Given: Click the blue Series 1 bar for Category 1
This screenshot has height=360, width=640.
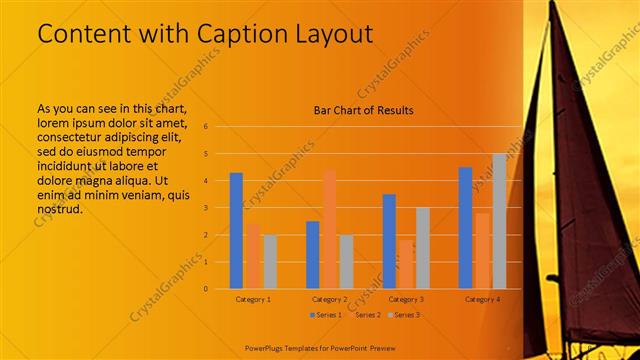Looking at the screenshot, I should click(x=236, y=231).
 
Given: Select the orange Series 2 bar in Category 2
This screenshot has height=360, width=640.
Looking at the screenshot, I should click(x=329, y=229).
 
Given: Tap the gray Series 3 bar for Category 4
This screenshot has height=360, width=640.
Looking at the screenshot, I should click(x=499, y=221).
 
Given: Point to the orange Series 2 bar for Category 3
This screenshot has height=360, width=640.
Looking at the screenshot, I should click(x=405, y=264).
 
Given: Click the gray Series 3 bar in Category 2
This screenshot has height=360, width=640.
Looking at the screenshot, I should click(x=346, y=262).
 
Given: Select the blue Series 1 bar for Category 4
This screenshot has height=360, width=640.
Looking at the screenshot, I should click(x=465, y=228).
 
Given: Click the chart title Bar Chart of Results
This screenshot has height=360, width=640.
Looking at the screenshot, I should click(x=363, y=110).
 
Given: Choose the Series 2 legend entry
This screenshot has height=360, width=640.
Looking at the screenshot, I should click(x=364, y=315).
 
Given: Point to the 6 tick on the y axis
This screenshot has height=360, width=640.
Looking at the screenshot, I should click(x=205, y=127).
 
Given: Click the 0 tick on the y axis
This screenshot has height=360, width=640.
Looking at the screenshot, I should click(x=205, y=289).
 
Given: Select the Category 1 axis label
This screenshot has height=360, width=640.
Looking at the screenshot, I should click(x=253, y=299).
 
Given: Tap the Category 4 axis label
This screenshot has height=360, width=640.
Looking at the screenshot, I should click(x=483, y=299).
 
